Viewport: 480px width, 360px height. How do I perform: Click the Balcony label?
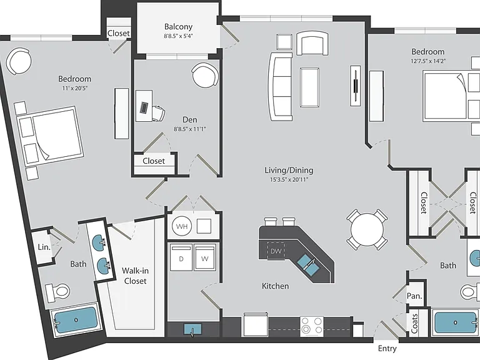coord(178,27)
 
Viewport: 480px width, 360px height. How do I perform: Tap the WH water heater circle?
coord(182,226)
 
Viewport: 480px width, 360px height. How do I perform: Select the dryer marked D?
coord(181,257)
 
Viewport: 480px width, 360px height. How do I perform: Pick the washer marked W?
coord(205,257)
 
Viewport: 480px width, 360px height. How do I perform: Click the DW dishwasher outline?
coord(276,251)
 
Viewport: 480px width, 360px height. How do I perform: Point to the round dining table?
coord(367,229)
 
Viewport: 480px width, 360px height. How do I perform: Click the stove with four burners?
coord(312,326)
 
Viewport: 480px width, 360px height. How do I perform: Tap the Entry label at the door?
coord(387,348)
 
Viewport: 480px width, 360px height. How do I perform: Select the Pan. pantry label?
coord(414,296)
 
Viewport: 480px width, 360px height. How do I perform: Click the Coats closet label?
coord(414,324)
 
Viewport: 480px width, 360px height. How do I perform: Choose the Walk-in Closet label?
coord(135,276)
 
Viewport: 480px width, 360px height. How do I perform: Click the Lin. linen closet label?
coord(44,247)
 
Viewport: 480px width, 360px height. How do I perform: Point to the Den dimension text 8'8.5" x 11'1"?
coord(190,129)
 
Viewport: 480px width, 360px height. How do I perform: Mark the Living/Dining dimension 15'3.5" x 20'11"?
coord(289,180)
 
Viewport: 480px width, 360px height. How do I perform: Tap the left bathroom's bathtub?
coord(76,320)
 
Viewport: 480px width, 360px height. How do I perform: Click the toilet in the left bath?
coord(57,290)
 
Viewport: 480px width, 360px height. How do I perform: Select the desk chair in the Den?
coord(158,113)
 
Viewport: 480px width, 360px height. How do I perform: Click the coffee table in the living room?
coord(310,87)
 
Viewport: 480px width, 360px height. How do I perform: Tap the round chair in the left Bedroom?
coord(19,61)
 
